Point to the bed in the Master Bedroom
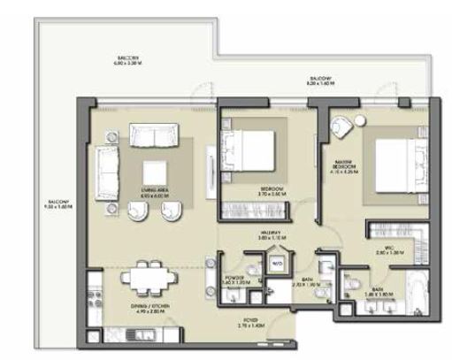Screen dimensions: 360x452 tap(395, 165)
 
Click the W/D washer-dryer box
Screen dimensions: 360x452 tap(277, 263)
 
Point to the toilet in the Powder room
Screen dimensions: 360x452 tap(252, 271)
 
